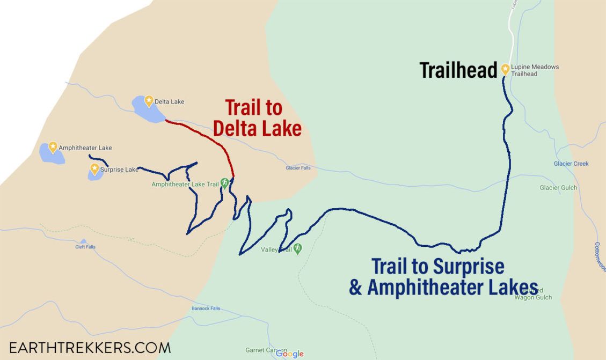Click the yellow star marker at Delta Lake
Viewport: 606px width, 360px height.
coord(149,99)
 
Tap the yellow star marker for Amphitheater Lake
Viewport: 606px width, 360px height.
coord(53,146)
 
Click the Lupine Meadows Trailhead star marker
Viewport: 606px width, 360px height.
coord(505,69)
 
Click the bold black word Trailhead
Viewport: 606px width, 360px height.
coord(458,70)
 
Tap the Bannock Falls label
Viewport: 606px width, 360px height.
coord(206,308)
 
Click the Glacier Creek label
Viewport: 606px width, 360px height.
coord(571,164)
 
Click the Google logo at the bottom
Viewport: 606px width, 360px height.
coord(290,354)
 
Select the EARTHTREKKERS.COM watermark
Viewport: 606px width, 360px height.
coord(90,347)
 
